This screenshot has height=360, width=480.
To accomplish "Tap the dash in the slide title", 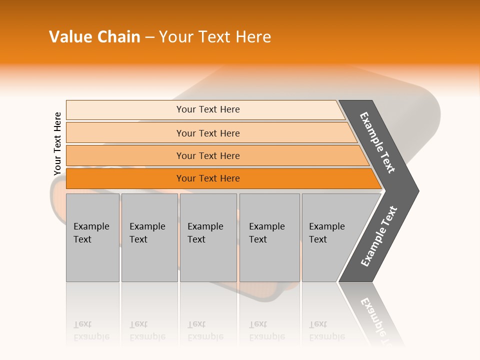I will (149, 37).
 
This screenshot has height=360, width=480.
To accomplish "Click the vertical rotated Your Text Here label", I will (57, 144).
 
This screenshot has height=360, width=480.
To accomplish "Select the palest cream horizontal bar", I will (205, 109).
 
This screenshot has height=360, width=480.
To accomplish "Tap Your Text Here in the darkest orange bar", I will (208, 178).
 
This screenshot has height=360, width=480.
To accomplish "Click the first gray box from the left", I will (92, 237).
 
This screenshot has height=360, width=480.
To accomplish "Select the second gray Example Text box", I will (149, 237).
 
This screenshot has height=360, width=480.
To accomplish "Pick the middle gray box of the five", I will (208, 237).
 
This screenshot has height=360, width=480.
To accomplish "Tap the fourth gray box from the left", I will (269, 237).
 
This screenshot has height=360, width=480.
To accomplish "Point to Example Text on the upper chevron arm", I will (377, 142).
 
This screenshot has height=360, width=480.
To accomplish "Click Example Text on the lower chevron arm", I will (379, 236).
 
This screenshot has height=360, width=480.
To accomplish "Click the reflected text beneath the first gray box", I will (91, 330).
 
